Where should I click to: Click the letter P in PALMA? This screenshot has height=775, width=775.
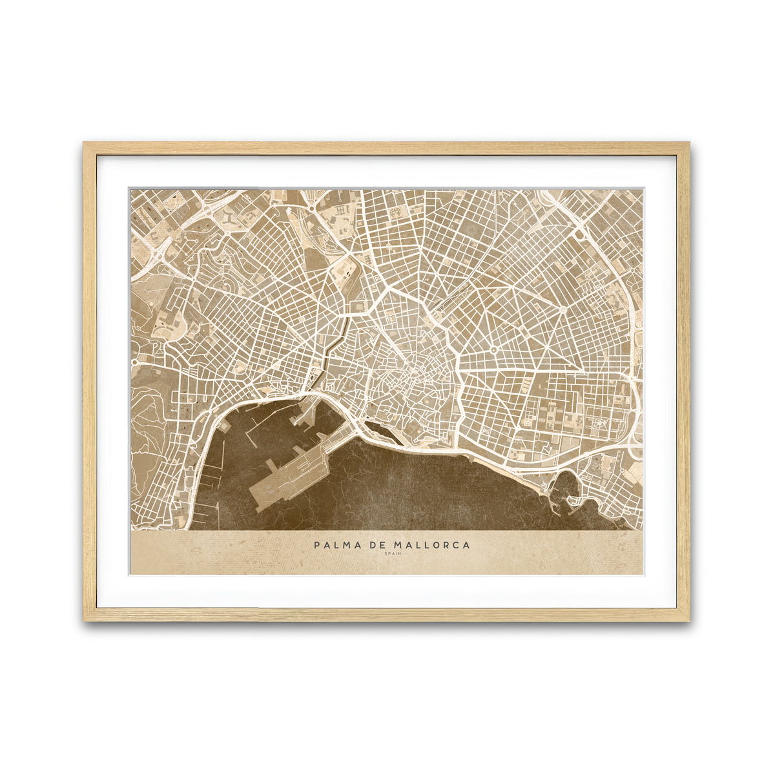coord(317,545)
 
